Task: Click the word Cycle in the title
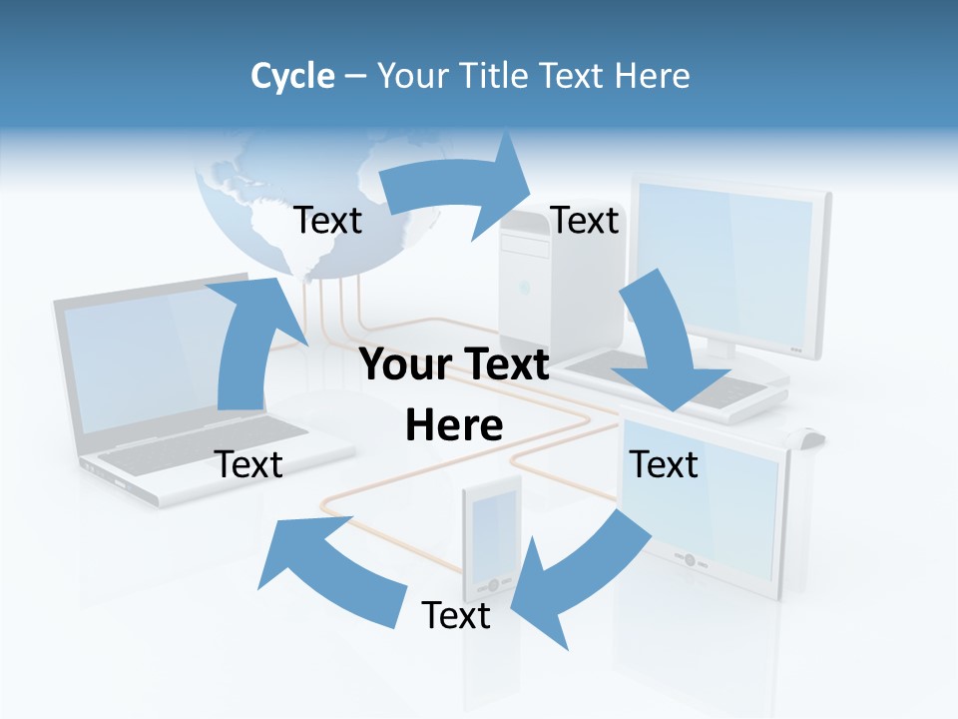[292, 76]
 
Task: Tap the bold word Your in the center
[405, 365]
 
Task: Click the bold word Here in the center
[454, 426]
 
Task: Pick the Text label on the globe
[328, 221]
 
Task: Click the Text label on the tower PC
[585, 221]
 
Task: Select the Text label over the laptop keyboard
[249, 464]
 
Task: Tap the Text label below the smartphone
[456, 615]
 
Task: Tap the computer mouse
[807, 437]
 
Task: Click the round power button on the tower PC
[523, 289]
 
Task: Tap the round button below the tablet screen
[689, 560]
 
